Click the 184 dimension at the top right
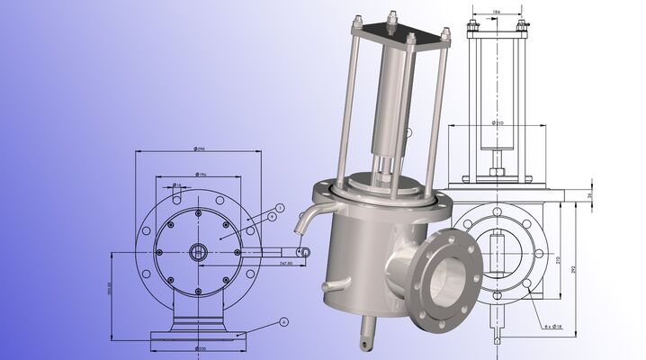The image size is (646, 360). tap(497, 13)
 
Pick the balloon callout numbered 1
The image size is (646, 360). tap(280, 208)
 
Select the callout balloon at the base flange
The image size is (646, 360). tap(283, 320)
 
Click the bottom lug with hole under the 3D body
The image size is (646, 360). tap(366, 339)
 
